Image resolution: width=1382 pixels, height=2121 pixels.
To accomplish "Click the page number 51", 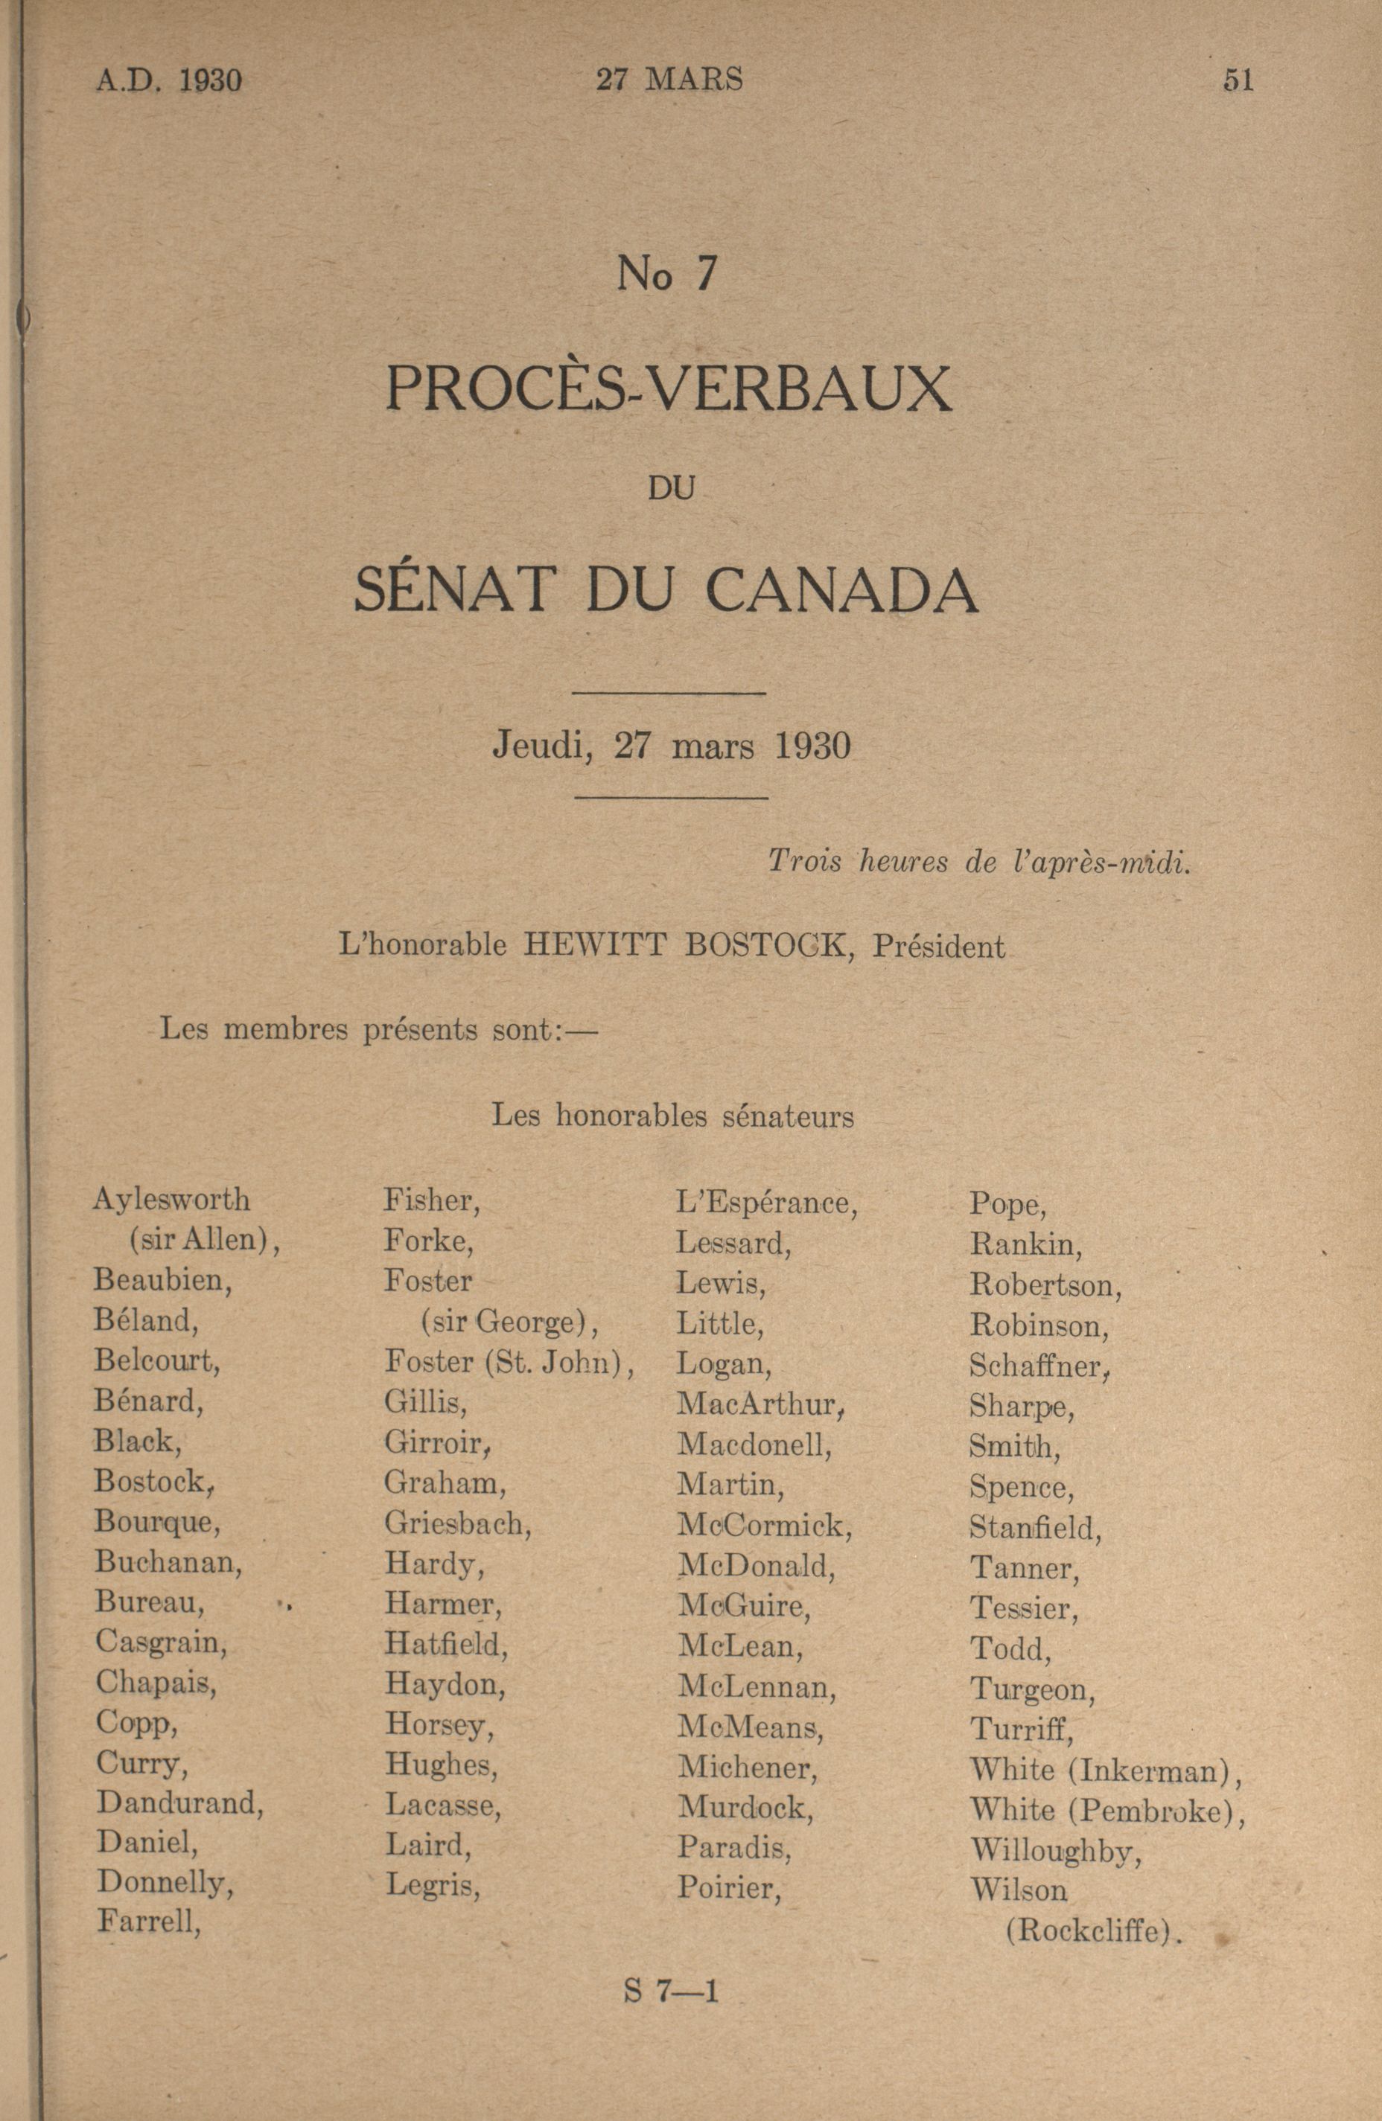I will (1238, 80).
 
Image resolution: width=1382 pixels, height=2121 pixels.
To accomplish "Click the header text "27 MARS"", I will (669, 80).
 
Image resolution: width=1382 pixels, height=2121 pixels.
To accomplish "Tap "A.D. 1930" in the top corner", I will (168, 81).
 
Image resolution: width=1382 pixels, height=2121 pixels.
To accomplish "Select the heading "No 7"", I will (667, 275).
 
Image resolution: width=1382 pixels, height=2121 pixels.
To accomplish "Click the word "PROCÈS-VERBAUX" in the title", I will (668, 388).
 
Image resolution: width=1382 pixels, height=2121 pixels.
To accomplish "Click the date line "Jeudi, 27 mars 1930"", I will (672, 745).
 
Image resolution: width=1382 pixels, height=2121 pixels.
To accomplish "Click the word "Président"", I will (938, 946).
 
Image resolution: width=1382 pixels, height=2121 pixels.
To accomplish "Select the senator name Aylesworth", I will (171, 1200).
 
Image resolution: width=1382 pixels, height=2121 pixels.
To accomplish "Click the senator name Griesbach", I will (457, 1523).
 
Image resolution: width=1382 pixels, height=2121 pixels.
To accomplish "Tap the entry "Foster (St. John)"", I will (509, 1362).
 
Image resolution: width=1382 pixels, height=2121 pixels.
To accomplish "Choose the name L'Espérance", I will (766, 1203).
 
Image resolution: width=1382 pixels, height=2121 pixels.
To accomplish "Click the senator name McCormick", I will (764, 1525).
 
